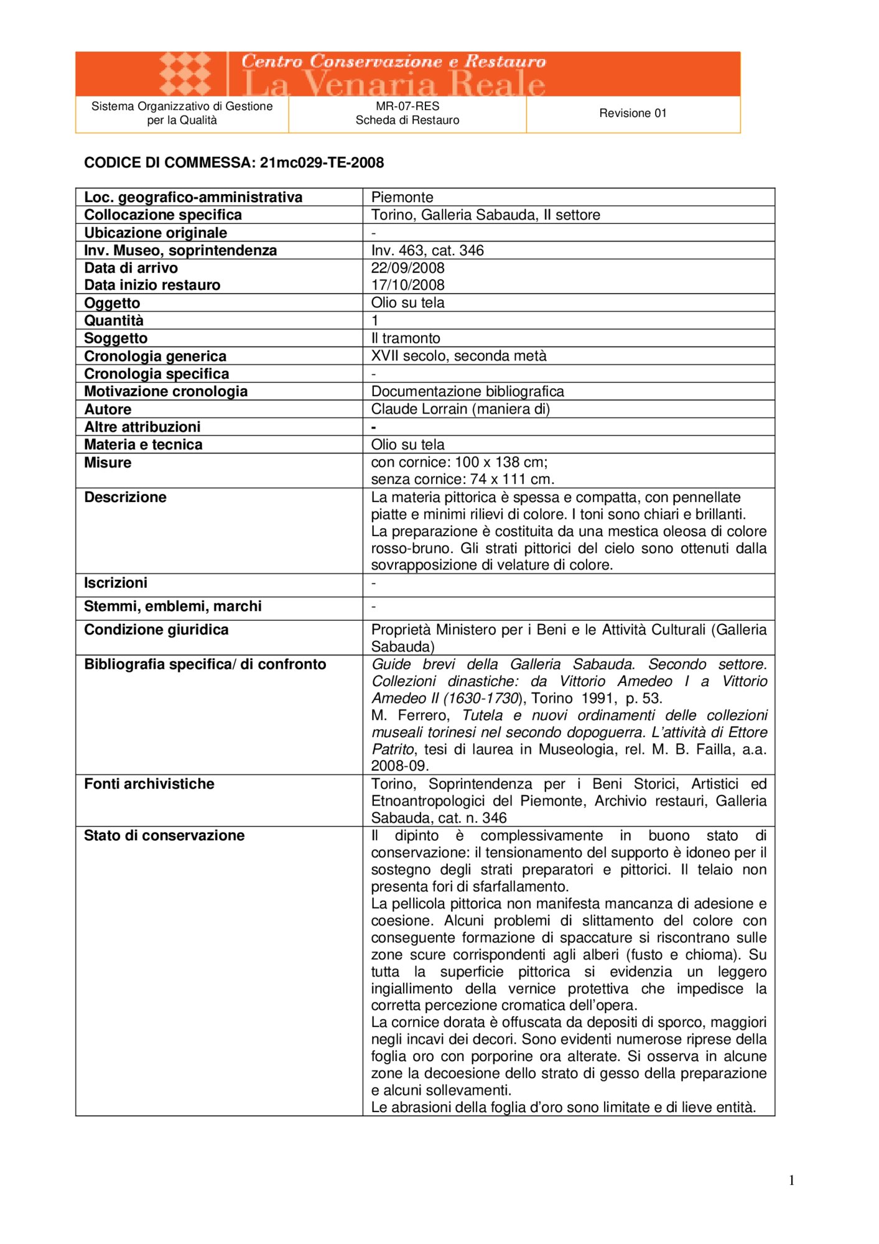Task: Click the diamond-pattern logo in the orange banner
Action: tap(185, 73)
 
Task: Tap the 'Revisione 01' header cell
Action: tap(633, 113)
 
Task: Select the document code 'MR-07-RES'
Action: tap(407, 106)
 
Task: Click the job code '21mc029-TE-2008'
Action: tap(322, 163)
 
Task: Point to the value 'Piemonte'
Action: tap(402, 197)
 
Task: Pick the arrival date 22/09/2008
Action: tap(407, 268)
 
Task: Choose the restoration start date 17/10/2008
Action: tap(407, 285)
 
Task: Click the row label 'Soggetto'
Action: tap(116, 338)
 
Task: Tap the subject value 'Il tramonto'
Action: tap(406, 338)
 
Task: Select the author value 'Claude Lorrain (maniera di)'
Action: tap(460, 409)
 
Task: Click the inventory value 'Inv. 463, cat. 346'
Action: tap(427, 251)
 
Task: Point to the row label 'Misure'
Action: tap(108, 463)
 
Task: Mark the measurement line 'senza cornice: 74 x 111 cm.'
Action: tap(462, 480)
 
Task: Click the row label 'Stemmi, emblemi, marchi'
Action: tap(172, 606)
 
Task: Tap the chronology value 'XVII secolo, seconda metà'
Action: tap(458, 356)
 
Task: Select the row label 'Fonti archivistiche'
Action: tap(149, 784)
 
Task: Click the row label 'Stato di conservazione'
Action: tap(164, 836)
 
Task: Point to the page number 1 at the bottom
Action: tap(791, 1181)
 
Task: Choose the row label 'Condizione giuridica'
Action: tap(156, 630)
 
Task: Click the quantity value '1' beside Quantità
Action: tap(375, 321)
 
